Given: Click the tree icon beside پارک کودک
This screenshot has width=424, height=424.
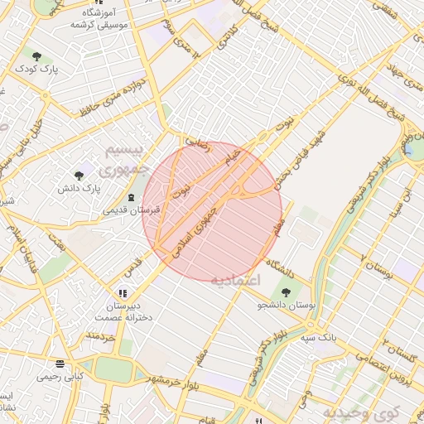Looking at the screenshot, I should (36, 55).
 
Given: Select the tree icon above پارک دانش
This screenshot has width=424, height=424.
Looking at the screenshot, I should (79, 175).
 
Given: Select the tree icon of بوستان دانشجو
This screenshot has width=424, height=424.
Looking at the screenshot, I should (286, 291).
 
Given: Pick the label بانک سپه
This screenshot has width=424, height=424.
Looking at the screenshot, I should (317, 337).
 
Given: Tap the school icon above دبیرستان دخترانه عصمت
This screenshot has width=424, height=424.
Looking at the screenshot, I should (123, 292).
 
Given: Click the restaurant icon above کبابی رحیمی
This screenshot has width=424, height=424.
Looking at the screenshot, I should (59, 363).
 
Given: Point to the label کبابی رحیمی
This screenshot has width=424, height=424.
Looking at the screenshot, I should (59, 377).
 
